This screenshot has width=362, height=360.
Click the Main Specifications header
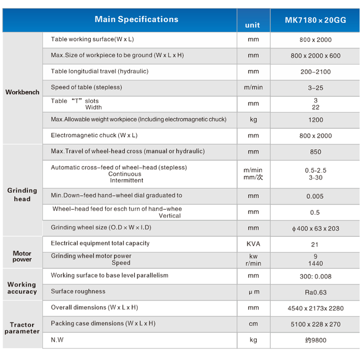[x=136, y=20]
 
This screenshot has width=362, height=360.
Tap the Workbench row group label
[x=22, y=92]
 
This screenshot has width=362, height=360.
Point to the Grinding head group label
[x=22, y=194]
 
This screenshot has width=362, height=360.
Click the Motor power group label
[x=22, y=257]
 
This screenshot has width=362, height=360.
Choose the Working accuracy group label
[x=22, y=288]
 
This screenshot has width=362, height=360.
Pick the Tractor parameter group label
[x=22, y=328]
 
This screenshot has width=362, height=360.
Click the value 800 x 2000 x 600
[x=315, y=56]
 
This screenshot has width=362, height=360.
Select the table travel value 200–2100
[x=315, y=72]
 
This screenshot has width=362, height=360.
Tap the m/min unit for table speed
[x=253, y=88]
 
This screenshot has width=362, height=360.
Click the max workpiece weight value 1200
[x=315, y=120]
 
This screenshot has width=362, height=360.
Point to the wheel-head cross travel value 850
[x=315, y=152]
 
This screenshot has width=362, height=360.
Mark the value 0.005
[x=315, y=196]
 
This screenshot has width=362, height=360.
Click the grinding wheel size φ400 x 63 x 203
[x=315, y=229]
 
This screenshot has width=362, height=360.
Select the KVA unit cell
[x=253, y=244]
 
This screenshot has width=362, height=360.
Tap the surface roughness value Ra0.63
[x=315, y=292]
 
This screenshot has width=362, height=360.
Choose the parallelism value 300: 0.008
[x=315, y=276]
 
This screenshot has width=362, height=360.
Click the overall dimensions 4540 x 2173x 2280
[x=315, y=308]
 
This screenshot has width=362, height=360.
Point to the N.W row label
[x=57, y=340]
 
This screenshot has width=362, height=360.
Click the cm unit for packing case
[x=253, y=324]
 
